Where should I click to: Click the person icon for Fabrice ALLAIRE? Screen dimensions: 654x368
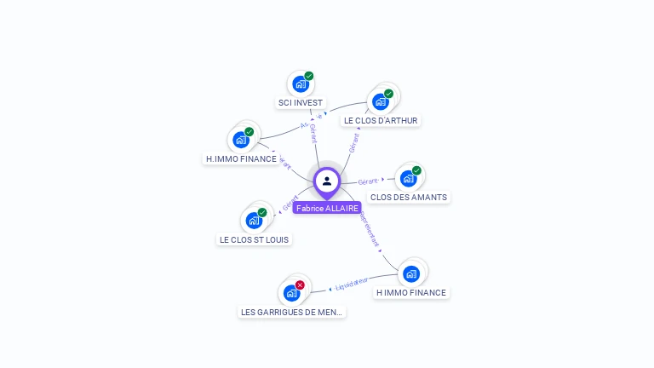coord(327,181)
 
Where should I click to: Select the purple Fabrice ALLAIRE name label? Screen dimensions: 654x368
coord(327,208)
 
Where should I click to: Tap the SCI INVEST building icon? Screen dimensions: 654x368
coord(300,83)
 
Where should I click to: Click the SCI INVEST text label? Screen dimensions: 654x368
coord(301,103)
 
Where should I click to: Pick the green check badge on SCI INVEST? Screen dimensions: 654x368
coord(309,76)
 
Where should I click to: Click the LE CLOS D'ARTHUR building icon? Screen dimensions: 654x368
coord(380,101)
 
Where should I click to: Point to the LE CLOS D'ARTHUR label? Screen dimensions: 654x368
coord(381,121)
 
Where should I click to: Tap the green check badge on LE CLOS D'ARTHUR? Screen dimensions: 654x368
coord(389,94)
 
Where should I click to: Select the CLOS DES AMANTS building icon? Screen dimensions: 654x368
coord(408,178)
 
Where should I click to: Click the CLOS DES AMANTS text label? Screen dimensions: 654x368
coord(409,198)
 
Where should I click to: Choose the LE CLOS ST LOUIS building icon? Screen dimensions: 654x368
coord(254,220)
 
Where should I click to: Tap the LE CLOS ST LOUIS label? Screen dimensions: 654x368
coord(255,240)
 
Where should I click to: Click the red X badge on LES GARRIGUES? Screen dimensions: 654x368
coord(300,285)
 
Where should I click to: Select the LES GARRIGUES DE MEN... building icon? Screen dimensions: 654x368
coord(291,293)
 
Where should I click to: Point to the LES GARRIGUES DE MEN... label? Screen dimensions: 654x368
coord(292,313)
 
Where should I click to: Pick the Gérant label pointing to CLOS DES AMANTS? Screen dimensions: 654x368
coord(368,181)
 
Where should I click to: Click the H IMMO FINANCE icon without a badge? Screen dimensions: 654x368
coord(411,273)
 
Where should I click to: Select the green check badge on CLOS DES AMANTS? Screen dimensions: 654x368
coord(416,170)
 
